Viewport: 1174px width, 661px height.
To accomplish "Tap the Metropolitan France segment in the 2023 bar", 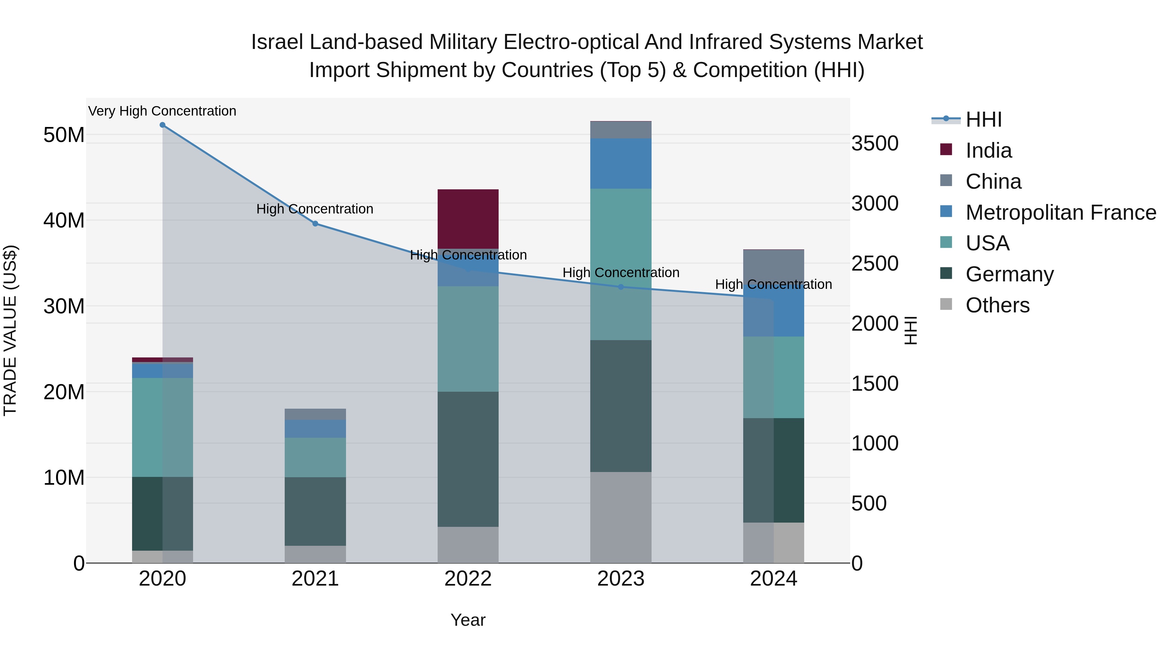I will (621, 163).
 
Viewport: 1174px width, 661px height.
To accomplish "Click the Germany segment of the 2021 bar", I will (315, 511).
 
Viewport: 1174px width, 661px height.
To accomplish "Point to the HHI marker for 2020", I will (162, 125).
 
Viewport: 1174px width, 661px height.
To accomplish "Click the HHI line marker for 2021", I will (315, 224).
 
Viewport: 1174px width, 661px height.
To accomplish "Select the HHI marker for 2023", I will (621, 287).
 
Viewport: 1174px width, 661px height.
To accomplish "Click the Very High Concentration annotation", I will (162, 111).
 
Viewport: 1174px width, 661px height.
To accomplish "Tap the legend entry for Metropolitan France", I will (1061, 212).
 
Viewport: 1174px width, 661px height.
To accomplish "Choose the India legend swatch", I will (946, 150).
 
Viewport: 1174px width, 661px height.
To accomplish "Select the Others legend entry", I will (997, 305).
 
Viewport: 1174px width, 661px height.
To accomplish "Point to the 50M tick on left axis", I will (64, 135).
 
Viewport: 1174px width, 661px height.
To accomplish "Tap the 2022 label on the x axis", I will (468, 579).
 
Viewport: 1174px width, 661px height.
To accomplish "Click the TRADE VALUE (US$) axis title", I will (10, 330).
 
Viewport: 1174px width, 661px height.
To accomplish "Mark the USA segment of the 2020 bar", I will (162, 427).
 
